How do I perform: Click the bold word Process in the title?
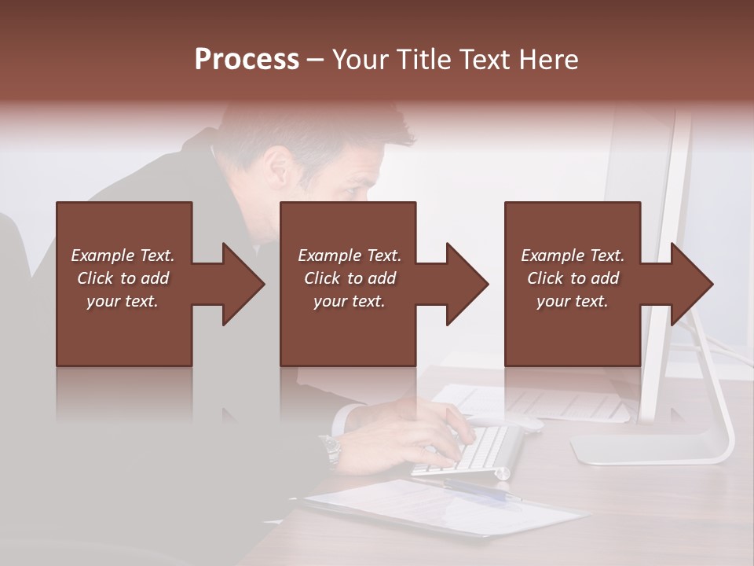(x=247, y=60)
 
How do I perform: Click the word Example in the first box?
(x=103, y=255)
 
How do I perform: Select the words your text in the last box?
(x=573, y=301)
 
